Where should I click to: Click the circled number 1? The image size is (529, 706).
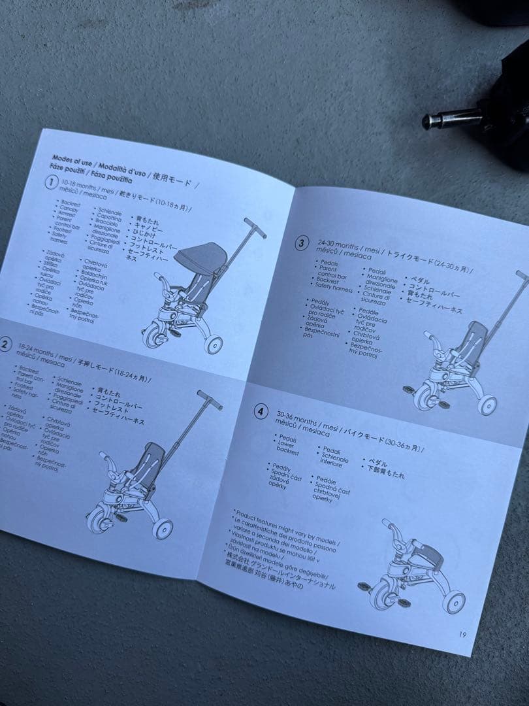50,183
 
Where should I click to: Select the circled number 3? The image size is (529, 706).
300,244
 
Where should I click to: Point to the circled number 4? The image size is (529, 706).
261,412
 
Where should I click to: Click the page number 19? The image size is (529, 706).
462,633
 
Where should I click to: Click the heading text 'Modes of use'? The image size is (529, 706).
72,159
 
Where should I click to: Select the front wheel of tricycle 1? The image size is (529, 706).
155,336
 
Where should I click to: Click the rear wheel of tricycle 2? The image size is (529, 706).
163,528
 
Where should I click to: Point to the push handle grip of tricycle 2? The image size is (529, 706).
210,399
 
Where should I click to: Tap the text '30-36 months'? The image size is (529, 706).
298,418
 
